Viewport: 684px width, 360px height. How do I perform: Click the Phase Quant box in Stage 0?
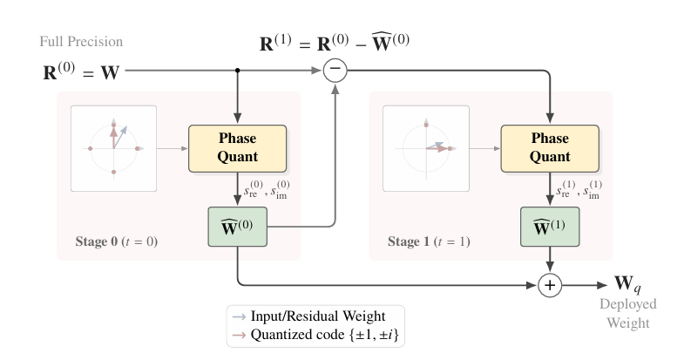pos(237,148)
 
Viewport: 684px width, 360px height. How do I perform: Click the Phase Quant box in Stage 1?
pos(549,148)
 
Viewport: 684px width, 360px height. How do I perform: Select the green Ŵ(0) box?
pos(237,228)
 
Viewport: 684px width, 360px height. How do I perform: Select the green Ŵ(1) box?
pos(549,228)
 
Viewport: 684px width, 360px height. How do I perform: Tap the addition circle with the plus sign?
pos(549,284)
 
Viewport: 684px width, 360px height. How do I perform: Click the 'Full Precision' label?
pos(81,42)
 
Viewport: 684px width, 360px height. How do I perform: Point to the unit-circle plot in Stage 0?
pos(114,148)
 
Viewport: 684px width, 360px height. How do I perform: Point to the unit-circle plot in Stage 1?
pos(426,148)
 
